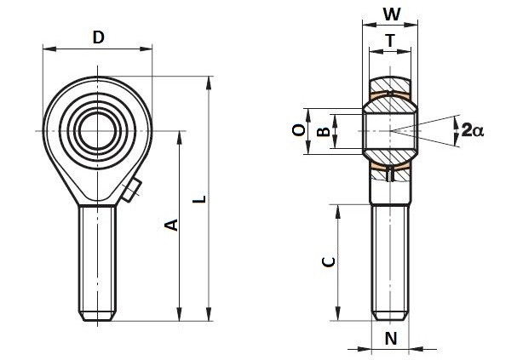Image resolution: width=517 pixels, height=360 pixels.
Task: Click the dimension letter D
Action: (x=98, y=37)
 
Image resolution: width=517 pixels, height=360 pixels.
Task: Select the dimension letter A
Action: (x=171, y=225)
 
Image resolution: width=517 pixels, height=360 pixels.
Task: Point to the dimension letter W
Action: (x=392, y=14)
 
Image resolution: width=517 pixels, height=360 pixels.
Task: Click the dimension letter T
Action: (x=390, y=41)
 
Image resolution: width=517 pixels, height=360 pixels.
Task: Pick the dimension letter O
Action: (x=299, y=130)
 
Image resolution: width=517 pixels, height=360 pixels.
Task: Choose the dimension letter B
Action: (x=323, y=131)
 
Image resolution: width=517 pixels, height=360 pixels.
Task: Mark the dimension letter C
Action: (x=329, y=262)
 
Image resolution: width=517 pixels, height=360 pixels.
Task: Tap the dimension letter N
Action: (x=391, y=338)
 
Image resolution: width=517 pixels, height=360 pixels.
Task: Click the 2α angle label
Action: (x=473, y=130)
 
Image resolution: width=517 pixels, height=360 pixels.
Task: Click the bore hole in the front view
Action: (x=98, y=131)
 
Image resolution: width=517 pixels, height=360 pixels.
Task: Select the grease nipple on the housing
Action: (x=131, y=190)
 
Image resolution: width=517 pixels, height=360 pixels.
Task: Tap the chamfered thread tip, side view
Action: (x=390, y=315)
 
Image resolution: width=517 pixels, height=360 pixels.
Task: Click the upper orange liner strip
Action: (x=390, y=95)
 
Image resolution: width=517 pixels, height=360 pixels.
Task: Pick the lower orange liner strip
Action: (x=390, y=167)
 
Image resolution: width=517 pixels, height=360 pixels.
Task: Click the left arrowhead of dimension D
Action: (x=49, y=49)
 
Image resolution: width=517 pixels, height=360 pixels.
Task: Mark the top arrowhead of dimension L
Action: (x=209, y=83)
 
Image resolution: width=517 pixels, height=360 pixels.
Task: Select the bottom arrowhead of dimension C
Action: (x=337, y=313)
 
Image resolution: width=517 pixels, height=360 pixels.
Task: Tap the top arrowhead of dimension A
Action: (x=180, y=138)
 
